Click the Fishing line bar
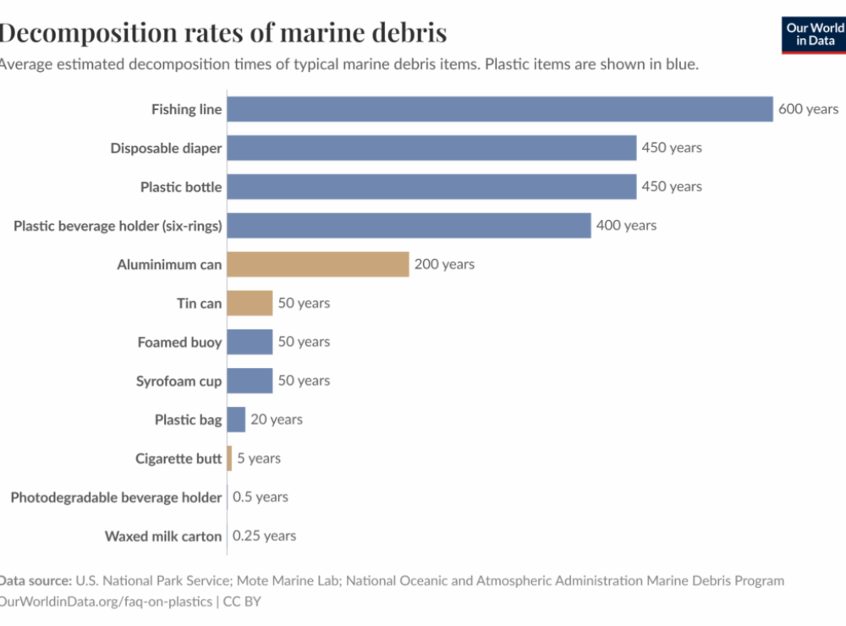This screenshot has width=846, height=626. [x=500, y=109]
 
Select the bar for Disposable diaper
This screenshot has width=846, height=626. [x=431, y=148]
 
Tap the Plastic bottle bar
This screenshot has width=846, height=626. [x=431, y=187]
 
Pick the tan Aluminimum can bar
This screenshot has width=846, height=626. [x=318, y=264]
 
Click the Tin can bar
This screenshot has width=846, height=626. [x=250, y=303]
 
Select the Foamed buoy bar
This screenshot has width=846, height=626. [x=250, y=342]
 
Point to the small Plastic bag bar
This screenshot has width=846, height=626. [x=236, y=420]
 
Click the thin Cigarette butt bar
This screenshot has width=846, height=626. [x=229, y=459]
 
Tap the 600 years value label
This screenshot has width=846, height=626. [x=808, y=109]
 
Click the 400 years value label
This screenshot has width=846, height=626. [x=626, y=225]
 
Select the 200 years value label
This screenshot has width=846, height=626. [x=444, y=264]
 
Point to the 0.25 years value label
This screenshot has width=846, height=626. [x=264, y=535]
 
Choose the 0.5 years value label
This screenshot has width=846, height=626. [x=261, y=497]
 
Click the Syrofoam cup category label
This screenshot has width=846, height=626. [x=179, y=382]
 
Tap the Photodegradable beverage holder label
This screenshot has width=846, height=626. [x=116, y=497]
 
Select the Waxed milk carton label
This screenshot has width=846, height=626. [x=163, y=536]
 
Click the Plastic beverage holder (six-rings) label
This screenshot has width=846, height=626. [x=118, y=226]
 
